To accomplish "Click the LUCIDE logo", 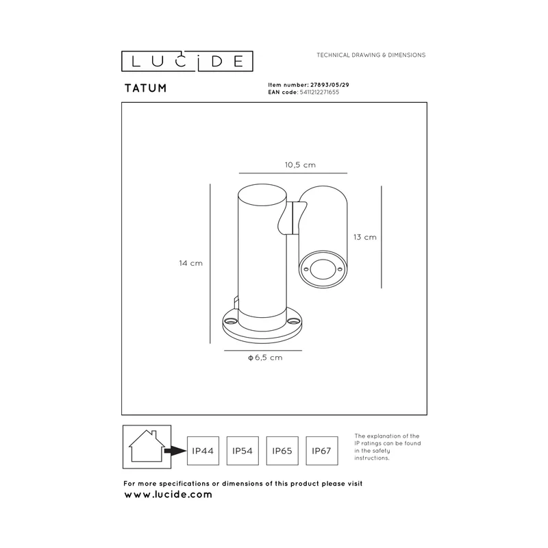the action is (187, 62).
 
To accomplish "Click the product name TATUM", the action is (145, 88).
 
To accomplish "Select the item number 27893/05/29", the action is (329, 85).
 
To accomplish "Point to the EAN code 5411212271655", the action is (319, 92).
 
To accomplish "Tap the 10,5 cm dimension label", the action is (300, 165).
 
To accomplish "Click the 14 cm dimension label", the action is (191, 263).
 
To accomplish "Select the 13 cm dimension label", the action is (365, 237).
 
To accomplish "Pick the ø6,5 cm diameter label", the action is (265, 358).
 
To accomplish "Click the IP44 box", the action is (203, 451).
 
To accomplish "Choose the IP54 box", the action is (242, 451).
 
